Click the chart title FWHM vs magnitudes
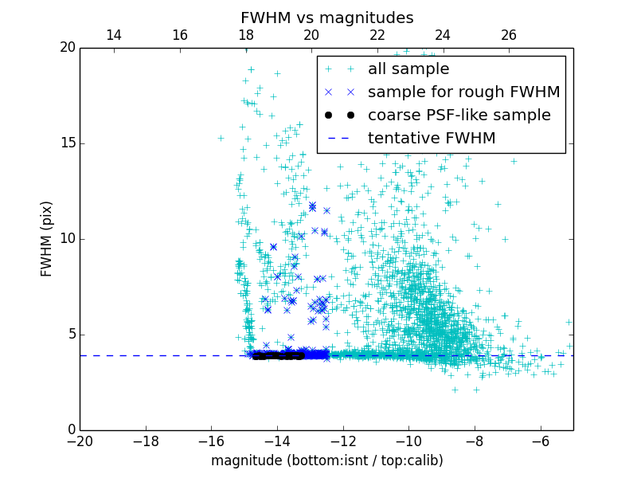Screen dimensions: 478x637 coord(326,18)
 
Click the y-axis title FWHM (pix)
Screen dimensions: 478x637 coord(47,239)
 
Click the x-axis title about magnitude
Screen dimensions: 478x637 coord(326,460)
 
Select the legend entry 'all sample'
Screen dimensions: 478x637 coord(408,69)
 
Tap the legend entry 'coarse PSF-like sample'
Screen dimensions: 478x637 coord(459,116)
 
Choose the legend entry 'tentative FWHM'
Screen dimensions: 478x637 coord(432,139)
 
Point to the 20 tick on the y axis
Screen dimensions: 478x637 coord(67,48)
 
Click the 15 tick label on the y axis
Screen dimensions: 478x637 coord(67,143)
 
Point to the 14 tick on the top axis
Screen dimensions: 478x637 coord(114,35)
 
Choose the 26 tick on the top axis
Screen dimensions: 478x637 coord(509,35)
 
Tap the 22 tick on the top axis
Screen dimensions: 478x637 coord(377,35)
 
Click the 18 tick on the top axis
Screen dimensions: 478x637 coord(246,35)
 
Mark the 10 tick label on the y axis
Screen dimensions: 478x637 coord(67,239)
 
